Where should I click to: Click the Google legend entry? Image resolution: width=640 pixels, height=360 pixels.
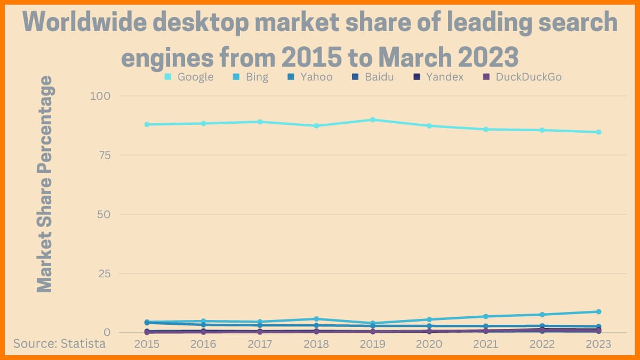click(x=189, y=77)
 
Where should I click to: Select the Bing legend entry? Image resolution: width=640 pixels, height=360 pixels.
click(x=251, y=77)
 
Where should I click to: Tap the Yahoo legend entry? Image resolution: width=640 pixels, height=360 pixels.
click(x=310, y=77)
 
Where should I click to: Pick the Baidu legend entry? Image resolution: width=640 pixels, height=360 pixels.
click(x=373, y=77)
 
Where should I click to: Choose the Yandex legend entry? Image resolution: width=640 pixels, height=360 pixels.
click(x=439, y=77)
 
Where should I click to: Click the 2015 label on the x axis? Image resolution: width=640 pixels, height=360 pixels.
click(x=147, y=344)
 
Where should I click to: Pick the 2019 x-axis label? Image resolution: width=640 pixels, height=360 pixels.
click(x=372, y=344)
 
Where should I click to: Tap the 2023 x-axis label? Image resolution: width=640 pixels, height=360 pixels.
click(x=598, y=344)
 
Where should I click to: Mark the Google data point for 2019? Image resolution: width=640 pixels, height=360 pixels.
click(x=373, y=119)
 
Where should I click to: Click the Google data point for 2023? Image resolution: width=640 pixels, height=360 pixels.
click(x=598, y=132)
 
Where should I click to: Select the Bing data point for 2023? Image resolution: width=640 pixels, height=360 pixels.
click(x=598, y=311)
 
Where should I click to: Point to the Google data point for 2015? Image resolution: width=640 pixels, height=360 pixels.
click(x=147, y=124)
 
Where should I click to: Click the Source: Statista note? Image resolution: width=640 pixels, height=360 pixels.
click(x=59, y=343)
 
